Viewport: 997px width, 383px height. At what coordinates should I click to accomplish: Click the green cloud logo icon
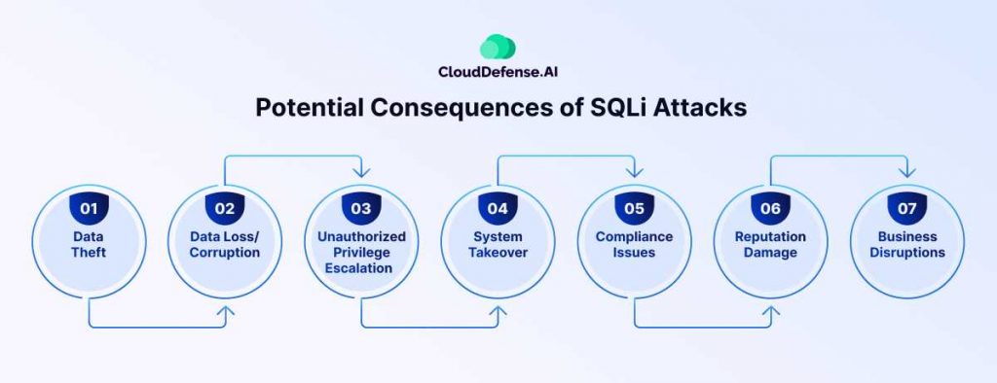click(x=498, y=47)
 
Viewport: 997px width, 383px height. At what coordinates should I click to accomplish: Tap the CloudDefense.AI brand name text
click(x=498, y=72)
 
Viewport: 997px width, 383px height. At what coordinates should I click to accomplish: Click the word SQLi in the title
click(x=611, y=107)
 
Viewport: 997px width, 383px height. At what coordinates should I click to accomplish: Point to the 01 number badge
click(x=89, y=208)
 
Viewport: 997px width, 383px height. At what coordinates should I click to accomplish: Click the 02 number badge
click(x=225, y=208)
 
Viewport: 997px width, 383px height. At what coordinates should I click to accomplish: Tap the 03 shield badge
click(x=361, y=208)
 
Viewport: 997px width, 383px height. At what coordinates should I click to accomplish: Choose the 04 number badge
click(x=498, y=208)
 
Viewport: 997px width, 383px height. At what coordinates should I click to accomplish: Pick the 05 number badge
click(x=634, y=208)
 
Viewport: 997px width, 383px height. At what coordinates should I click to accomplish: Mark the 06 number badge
click(x=771, y=208)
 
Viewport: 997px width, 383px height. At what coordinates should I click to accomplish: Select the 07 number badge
click(x=907, y=208)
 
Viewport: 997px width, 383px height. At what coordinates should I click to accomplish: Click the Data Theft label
click(x=89, y=245)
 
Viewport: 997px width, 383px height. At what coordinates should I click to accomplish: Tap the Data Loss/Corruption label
click(x=225, y=245)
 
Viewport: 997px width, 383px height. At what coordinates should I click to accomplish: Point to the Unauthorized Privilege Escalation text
click(x=361, y=252)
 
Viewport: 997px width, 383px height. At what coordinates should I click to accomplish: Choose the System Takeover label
click(x=498, y=245)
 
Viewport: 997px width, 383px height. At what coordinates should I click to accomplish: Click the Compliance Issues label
click(x=634, y=245)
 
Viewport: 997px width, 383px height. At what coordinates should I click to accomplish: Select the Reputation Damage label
click(x=771, y=245)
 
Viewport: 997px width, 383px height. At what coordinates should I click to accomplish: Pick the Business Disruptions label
click(x=907, y=245)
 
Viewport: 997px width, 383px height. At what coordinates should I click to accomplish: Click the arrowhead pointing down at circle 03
click(x=361, y=172)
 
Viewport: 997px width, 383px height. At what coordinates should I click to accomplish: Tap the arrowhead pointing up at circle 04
click(x=498, y=311)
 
